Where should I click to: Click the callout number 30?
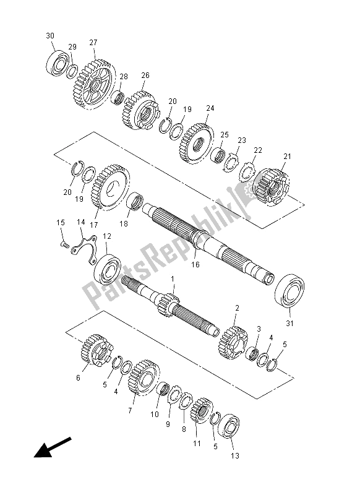(x=49, y=36)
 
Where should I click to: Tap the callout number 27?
(x=93, y=42)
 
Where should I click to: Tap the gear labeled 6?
(x=94, y=355)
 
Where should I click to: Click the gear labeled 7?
(x=143, y=379)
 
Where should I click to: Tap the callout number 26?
(x=145, y=75)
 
